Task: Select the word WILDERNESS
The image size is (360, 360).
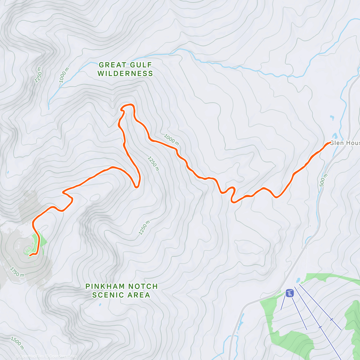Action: tap(125, 73)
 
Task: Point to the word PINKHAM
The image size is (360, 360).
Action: tap(105, 286)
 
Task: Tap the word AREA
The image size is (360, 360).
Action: tap(139, 295)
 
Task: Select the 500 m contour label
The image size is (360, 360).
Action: tap(322, 180)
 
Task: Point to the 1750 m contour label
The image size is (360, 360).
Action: tap(17, 272)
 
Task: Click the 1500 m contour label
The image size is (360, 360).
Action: tap(17, 343)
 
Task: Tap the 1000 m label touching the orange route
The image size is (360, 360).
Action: tap(171, 140)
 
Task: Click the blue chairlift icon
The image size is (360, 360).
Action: tap(289, 293)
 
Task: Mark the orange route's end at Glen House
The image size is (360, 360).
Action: tap(330, 142)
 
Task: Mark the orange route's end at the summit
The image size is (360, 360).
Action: tap(30, 256)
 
